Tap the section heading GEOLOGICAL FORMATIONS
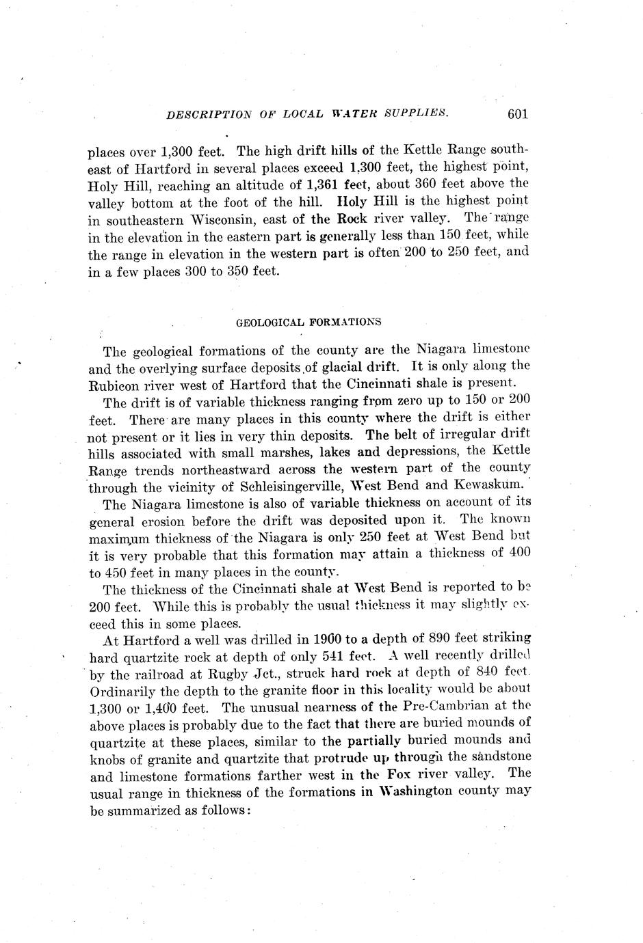(x=309, y=321)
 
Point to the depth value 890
(x=438, y=638)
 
